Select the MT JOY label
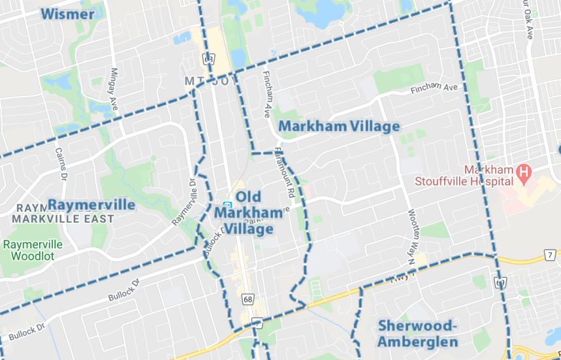pos(211,81)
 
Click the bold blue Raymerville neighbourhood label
pos(91,205)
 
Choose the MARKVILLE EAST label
pos(63,219)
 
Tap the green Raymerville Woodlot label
pos(33,250)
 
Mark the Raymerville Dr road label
pos(184,202)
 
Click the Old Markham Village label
pos(248,213)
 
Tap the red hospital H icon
pos(522,173)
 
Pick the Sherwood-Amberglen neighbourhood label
pos(417,333)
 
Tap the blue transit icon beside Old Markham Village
pos(226,204)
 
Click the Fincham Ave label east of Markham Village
pos(435,87)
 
